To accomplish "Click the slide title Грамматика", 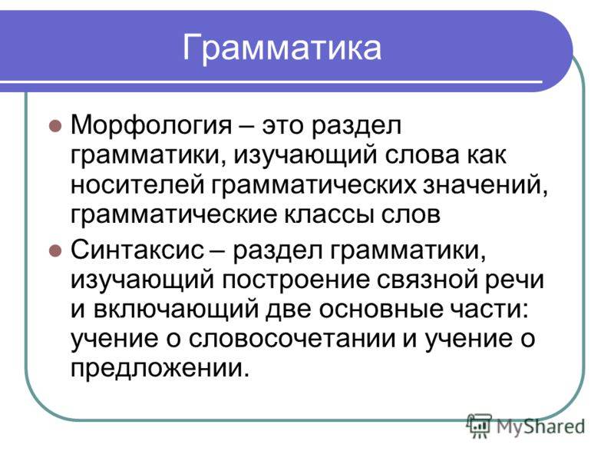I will (x=282, y=48).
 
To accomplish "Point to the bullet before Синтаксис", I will (x=54, y=250).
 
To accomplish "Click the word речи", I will (x=518, y=280).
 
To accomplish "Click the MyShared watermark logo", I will (x=525, y=423).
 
